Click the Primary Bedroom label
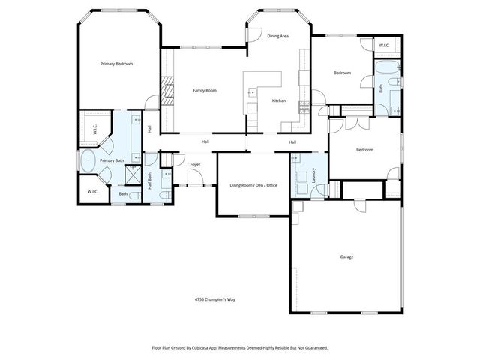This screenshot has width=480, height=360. click(x=116, y=64)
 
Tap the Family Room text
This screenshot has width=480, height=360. click(x=204, y=91)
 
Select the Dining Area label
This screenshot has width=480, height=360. click(x=278, y=35)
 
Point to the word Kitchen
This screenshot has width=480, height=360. click(x=279, y=100)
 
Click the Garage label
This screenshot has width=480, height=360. click(x=346, y=256)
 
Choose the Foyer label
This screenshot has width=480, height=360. click(x=195, y=163)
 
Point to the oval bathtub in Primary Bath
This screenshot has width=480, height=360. click(x=88, y=160)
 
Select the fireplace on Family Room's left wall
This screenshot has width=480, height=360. click(x=169, y=93)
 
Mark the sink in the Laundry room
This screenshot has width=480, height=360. click(x=297, y=159)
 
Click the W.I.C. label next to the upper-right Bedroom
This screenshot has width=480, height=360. click(x=383, y=46)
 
